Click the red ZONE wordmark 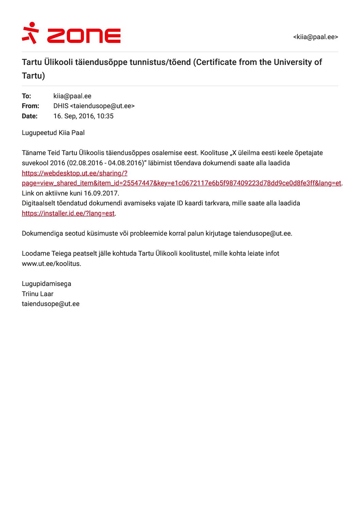[84, 36]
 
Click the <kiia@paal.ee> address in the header [315, 37]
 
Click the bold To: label [26, 96]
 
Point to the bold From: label [30, 106]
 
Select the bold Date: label [30, 116]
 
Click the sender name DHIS [61, 106]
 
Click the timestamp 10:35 [105, 116]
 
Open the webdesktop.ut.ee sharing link [181, 183]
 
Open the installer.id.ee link [68, 213]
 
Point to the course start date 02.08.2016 [86, 163]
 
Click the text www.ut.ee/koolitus [51, 264]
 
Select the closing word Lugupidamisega [46, 284]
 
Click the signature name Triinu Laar [37, 294]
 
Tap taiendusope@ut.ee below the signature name [50, 304]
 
